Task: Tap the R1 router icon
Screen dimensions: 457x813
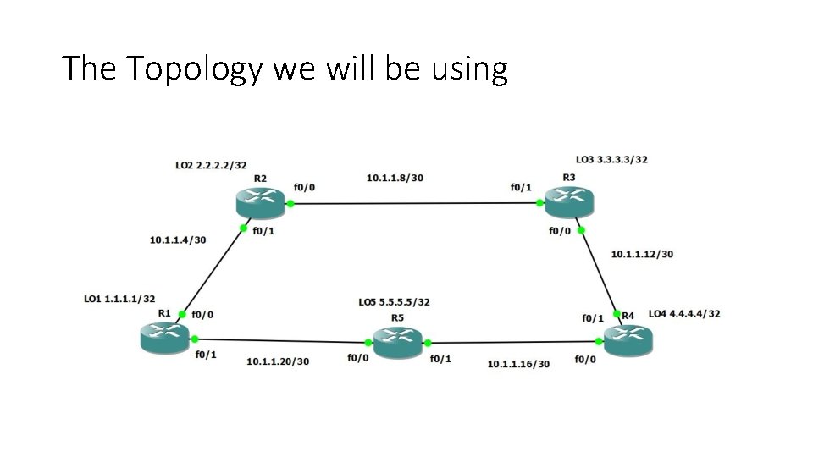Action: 164,338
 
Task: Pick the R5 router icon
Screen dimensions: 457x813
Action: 397,343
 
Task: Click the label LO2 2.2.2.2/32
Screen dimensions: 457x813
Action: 211,166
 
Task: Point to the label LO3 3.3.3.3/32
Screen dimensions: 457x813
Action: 611,159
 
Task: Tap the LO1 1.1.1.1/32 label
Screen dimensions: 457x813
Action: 119,299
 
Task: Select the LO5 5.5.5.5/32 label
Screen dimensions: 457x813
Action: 394,301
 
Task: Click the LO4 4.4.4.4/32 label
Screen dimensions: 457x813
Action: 684,314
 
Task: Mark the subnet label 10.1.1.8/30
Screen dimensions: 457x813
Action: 394,178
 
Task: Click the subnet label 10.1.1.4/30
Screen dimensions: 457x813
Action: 178,240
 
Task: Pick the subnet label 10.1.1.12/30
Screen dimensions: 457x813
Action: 642,253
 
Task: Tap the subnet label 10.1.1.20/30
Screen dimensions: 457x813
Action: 278,361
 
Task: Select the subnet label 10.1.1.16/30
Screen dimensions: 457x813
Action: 518,364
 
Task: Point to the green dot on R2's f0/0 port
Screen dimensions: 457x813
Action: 290,203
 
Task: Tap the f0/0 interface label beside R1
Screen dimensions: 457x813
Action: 202,314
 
